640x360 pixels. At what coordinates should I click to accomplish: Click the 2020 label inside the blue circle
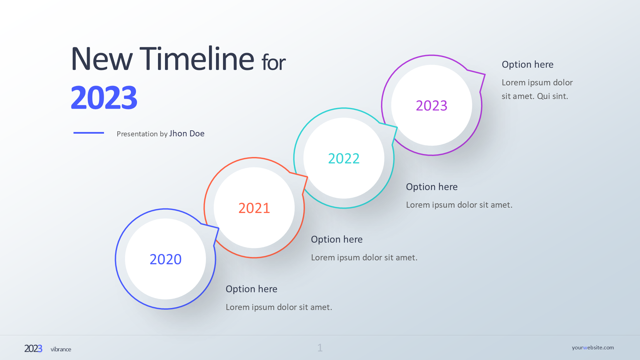[x=166, y=259]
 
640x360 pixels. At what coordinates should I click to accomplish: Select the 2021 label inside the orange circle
[x=254, y=208]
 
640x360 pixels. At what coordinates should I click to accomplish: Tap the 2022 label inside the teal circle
[x=344, y=159]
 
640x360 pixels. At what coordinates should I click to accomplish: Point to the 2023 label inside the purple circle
[x=432, y=106]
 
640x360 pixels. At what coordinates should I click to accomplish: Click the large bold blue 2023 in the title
[x=104, y=98]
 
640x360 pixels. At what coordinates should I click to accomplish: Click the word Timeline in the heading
[x=197, y=59]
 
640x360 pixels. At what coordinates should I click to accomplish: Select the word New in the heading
[x=102, y=59]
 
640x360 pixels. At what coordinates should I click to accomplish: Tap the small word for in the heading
[x=274, y=62]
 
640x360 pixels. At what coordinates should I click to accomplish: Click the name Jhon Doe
[x=187, y=134]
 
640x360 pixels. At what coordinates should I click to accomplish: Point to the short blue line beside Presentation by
[x=89, y=133]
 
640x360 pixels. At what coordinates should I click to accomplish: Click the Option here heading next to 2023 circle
[x=528, y=64]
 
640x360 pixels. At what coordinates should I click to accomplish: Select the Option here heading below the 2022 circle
[x=432, y=187]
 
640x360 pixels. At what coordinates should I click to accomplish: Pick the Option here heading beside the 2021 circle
[x=337, y=239]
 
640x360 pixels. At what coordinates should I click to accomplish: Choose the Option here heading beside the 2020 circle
[x=251, y=289]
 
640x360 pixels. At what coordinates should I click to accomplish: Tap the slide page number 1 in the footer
[x=320, y=348]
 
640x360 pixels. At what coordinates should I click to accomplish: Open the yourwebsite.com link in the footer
[x=593, y=348]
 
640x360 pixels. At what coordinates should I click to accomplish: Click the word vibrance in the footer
[x=61, y=349]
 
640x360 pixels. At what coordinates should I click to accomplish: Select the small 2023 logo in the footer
[x=33, y=349]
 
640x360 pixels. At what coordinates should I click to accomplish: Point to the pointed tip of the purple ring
[x=485, y=74]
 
